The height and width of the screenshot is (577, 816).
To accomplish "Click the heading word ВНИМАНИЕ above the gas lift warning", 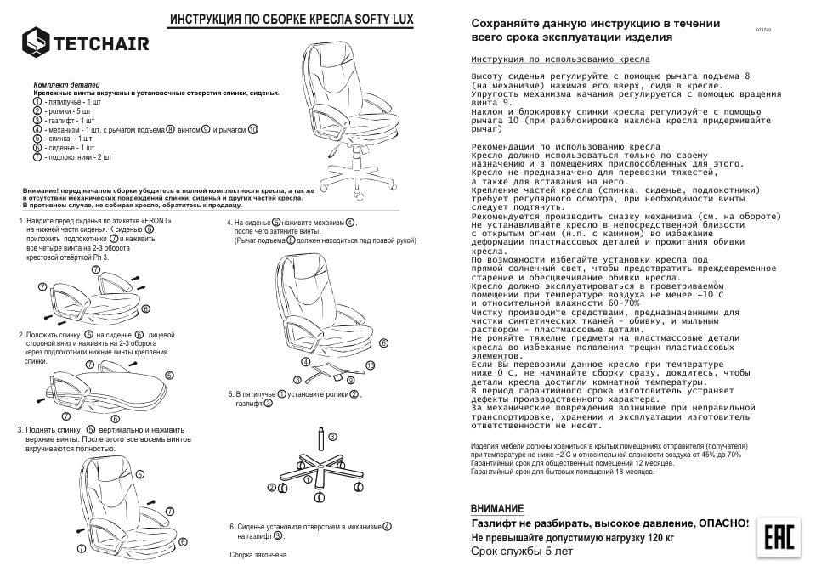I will coord(497,508).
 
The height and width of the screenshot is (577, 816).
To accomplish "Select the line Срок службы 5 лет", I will coord(522,552).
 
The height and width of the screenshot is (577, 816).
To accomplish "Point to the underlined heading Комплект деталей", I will coord(66,86).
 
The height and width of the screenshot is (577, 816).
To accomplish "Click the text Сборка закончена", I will coord(258,555).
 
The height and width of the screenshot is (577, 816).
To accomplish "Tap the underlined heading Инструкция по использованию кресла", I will coord(560,60).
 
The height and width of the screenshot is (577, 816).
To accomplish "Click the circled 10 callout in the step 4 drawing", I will coord(369,365).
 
